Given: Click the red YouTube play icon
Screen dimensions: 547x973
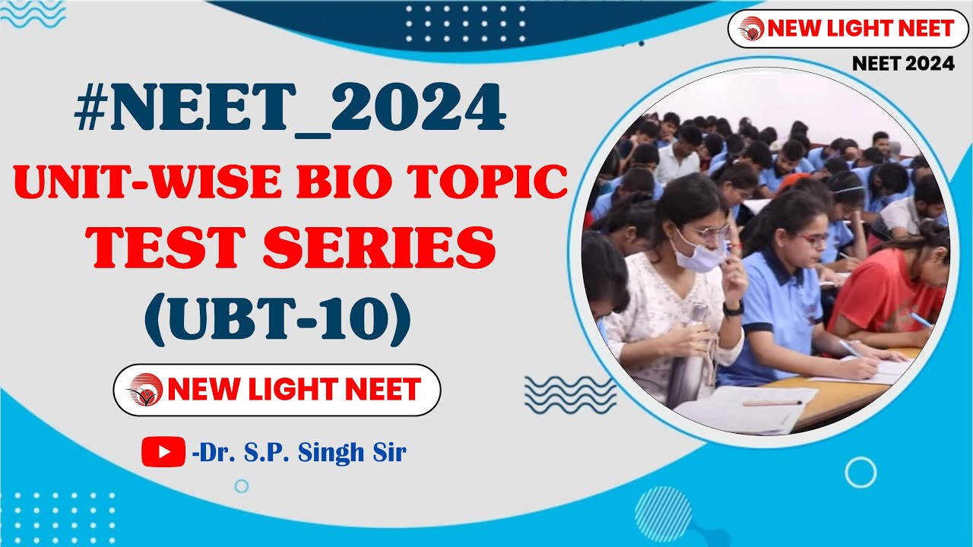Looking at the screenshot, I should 163,452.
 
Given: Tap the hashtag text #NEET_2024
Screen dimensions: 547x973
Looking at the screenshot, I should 290,111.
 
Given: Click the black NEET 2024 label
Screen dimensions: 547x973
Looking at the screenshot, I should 903,65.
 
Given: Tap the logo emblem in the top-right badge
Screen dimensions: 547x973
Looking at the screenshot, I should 752,29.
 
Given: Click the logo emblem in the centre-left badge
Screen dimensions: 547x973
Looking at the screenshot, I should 145,390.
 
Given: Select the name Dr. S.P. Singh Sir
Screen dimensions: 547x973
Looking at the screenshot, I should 300,454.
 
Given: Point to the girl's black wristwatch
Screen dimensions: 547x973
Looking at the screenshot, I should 734,308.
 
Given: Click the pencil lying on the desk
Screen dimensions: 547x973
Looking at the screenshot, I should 772,403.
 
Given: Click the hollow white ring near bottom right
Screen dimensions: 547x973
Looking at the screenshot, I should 860,473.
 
